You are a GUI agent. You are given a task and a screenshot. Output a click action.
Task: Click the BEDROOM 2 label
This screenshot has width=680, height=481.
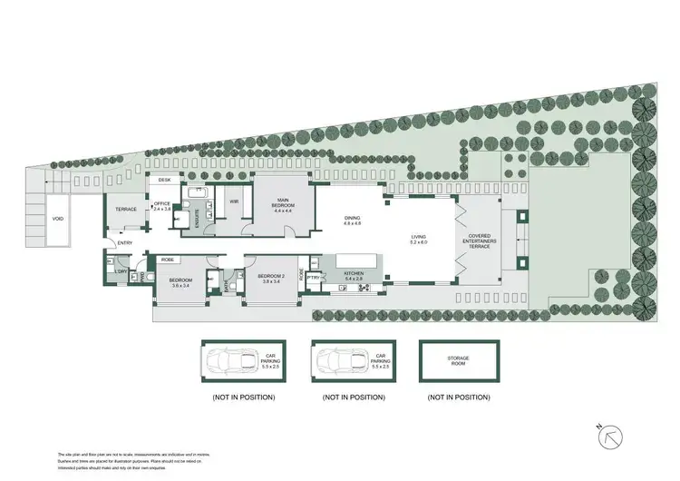[272, 278]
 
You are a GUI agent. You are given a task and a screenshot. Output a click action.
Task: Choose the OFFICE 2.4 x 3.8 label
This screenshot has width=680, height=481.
[162, 206]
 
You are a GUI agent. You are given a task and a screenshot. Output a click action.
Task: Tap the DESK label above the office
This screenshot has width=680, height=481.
[165, 181]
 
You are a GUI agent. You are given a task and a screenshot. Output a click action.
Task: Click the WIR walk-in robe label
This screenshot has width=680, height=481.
[234, 201]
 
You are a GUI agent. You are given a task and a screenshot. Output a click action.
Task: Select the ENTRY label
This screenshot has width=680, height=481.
[124, 242]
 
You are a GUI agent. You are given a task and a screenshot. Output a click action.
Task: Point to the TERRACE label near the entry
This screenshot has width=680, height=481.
[126, 210]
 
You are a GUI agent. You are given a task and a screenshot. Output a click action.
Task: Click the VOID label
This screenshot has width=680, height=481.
[58, 220]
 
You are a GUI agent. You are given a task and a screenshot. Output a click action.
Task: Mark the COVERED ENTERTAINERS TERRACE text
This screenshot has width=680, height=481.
[483, 240]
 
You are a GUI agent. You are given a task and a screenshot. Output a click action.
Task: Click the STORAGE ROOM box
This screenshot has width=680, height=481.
[460, 361]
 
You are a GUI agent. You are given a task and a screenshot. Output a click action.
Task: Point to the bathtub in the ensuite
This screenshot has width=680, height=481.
[197, 193]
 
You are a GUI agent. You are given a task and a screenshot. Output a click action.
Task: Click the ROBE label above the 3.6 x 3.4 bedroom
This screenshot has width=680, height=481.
[168, 260]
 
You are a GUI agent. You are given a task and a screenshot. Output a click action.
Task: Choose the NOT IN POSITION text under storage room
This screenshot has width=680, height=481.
[461, 398]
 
